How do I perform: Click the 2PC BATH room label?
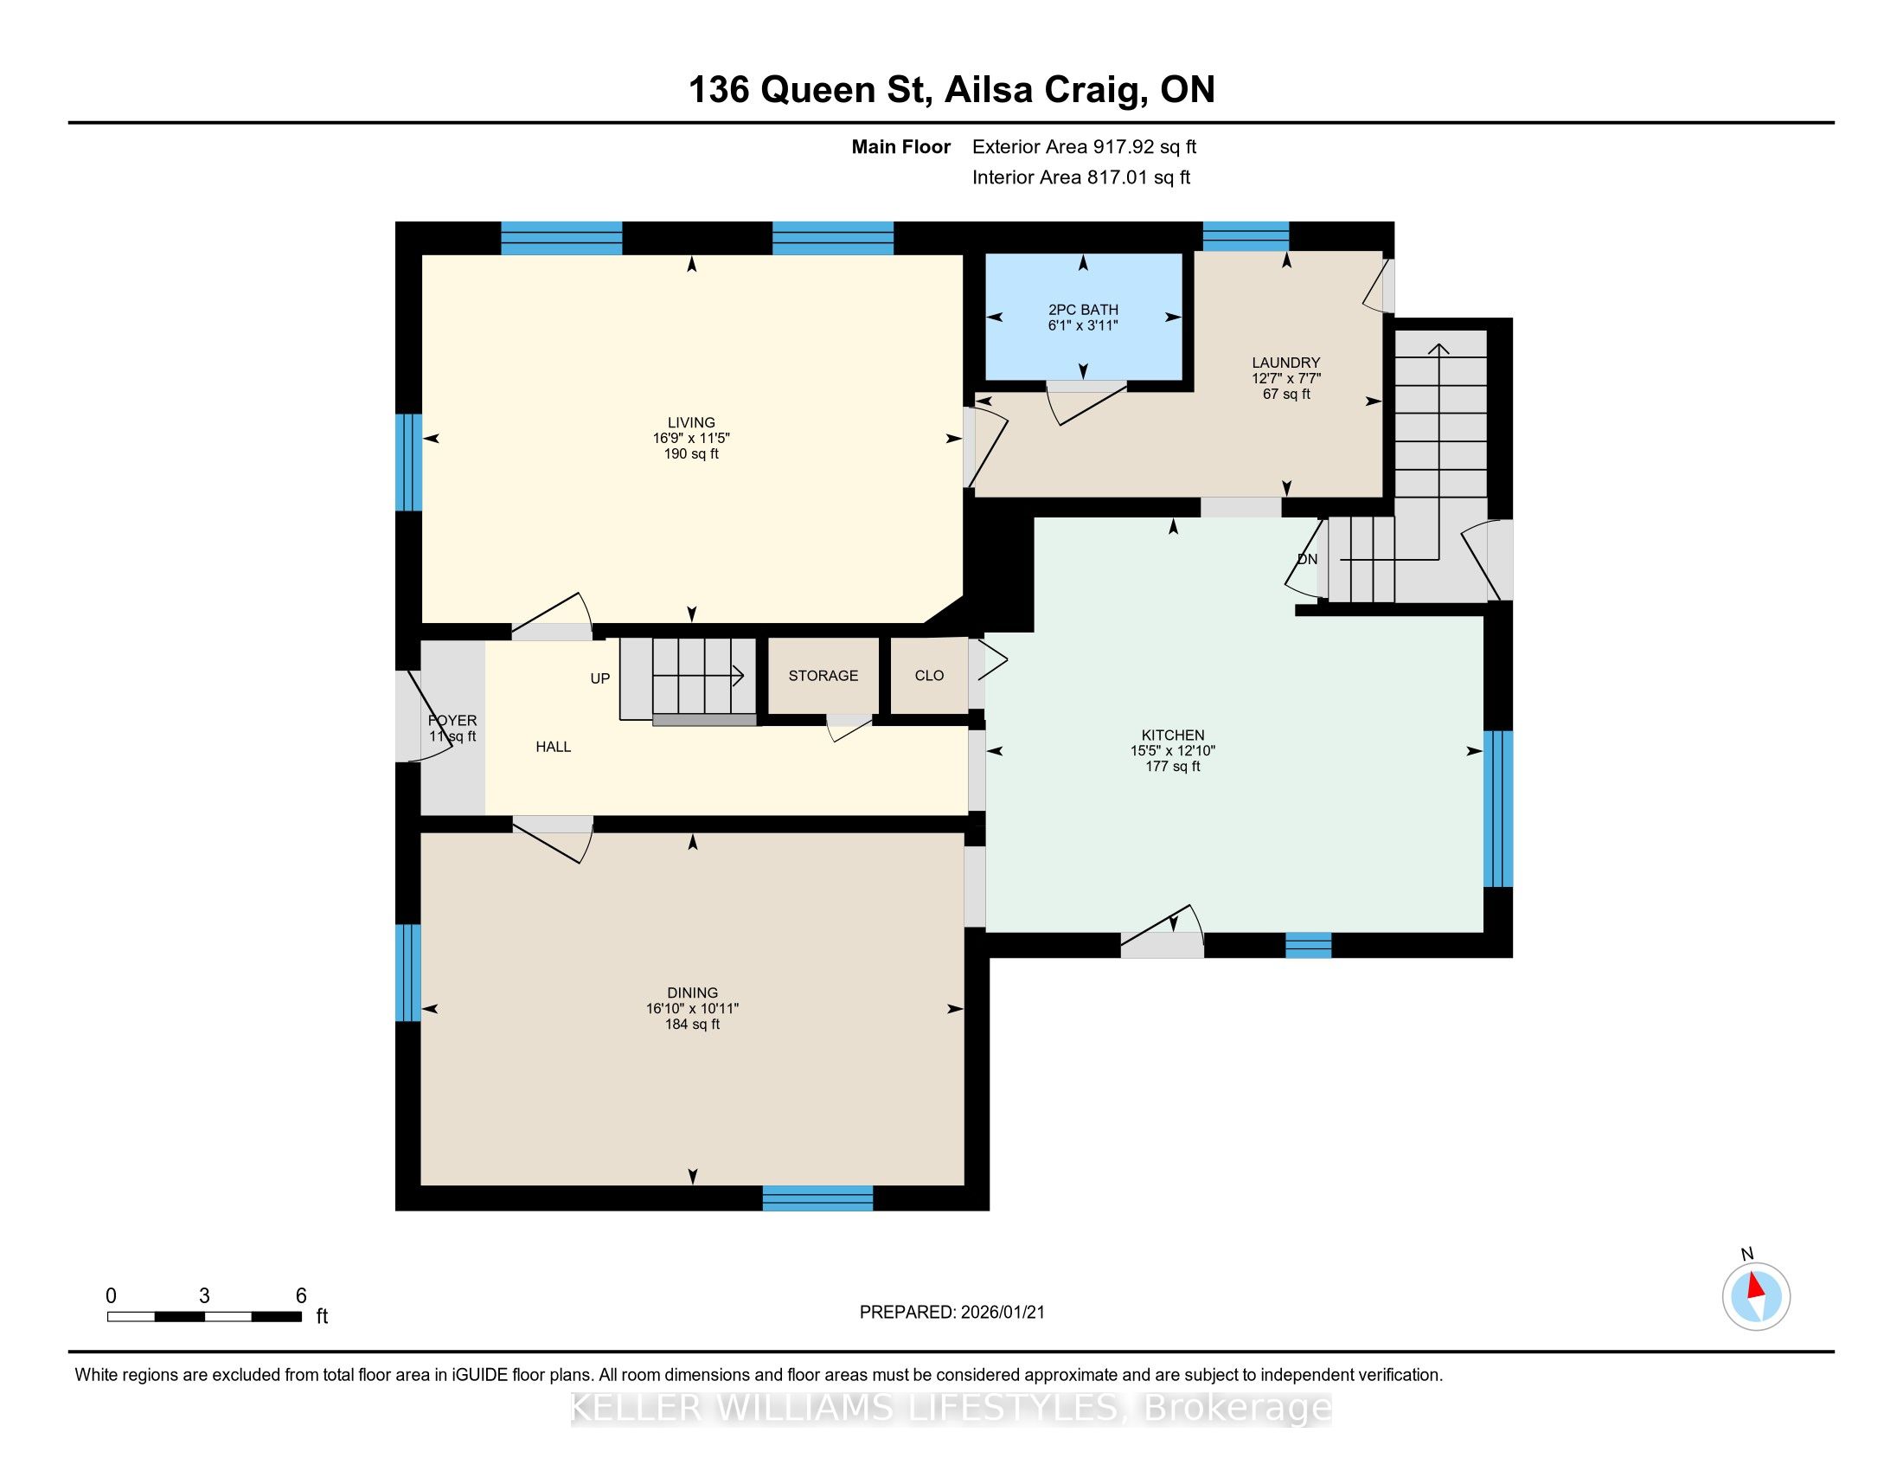pyautogui.click(x=1083, y=310)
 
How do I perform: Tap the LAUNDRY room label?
pyautogui.click(x=1286, y=363)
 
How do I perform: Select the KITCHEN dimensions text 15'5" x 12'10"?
pyautogui.click(x=1173, y=750)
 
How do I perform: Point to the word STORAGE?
pyautogui.click(x=823, y=676)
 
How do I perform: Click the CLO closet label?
pyautogui.click(x=930, y=676)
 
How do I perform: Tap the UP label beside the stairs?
pyautogui.click(x=600, y=679)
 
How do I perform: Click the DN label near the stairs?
pyautogui.click(x=1307, y=560)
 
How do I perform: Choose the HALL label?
pyautogui.click(x=554, y=747)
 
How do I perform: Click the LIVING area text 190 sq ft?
pyautogui.click(x=691, y=454)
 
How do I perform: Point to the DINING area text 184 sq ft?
pyautogui.click(x=693, y=1024)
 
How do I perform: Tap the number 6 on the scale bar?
pyautogui.click(x=301, y=1295)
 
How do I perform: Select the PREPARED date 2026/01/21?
pyautogui.click(x=1001, y=1313)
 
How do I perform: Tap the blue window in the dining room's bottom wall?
pyautogui.click(x=817, y=1198)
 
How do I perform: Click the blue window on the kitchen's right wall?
pyautogui.click(x=1498, y=809)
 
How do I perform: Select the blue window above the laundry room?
pyautogui.click(x=1246, y=236)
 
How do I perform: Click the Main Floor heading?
pyautogui.click(x=901, y=147)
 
